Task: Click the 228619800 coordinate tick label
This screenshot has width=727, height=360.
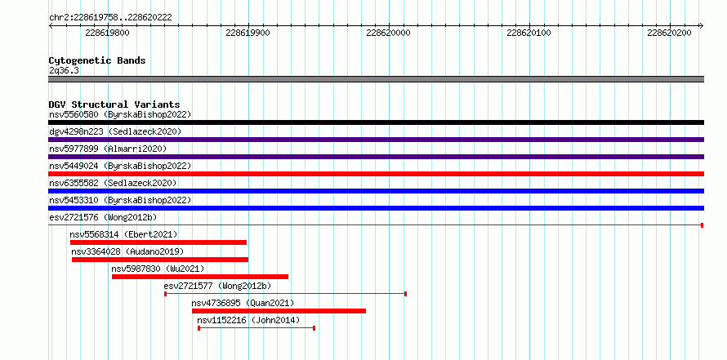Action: (x=108, y=33)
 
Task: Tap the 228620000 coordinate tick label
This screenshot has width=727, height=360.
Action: (x=388, y=33)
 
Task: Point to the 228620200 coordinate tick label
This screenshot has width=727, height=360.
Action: (x=669, y=33)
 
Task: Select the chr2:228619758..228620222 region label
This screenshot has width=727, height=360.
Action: (x=110, y=18)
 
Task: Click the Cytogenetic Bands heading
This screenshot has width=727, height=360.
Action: (x=97, y=60)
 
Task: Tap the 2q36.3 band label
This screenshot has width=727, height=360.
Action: (x=64, y=70)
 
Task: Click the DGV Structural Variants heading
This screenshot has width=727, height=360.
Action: (x=114, y=104)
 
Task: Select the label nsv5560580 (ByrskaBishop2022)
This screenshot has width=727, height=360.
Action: (x=120, y=114)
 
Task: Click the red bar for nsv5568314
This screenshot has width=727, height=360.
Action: (x=158, y=242)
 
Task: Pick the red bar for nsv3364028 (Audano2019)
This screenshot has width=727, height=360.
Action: (x=160, y=260)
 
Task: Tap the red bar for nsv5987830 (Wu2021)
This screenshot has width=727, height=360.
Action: (x=200, y=277)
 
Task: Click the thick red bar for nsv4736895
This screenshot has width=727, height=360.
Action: (x=279, y=311)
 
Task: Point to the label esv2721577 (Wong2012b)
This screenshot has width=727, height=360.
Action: (x=217, y=286)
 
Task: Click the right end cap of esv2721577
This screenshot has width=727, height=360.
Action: (x=406, y=294)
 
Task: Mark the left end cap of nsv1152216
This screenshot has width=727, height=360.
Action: (x=199, y=328)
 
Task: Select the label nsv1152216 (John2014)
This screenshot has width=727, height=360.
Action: (x=248, y=320)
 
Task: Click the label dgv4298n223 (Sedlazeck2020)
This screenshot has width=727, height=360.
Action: (x=115, y=131)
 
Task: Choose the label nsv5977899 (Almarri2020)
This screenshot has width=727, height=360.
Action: (x=108, y=149)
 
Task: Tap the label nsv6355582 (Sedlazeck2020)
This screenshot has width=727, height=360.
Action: (x=113, y=183)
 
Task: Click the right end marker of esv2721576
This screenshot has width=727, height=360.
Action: (x=702, y=225)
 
